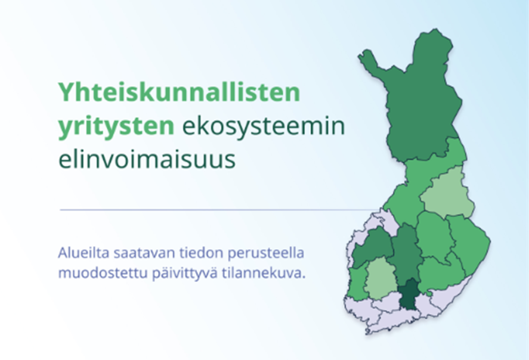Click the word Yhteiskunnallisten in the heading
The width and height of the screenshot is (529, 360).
[179, 92]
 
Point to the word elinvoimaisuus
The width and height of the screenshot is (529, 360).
[147, 159]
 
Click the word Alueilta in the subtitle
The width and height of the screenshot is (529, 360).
[83, 253]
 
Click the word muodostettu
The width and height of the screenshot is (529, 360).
[103, 273]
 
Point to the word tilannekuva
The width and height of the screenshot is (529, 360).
[264, 273]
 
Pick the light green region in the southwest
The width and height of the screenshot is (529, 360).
[380, 278]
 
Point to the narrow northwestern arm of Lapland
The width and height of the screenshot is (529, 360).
[371, 61]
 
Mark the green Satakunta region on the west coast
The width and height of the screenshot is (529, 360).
[356, 283]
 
